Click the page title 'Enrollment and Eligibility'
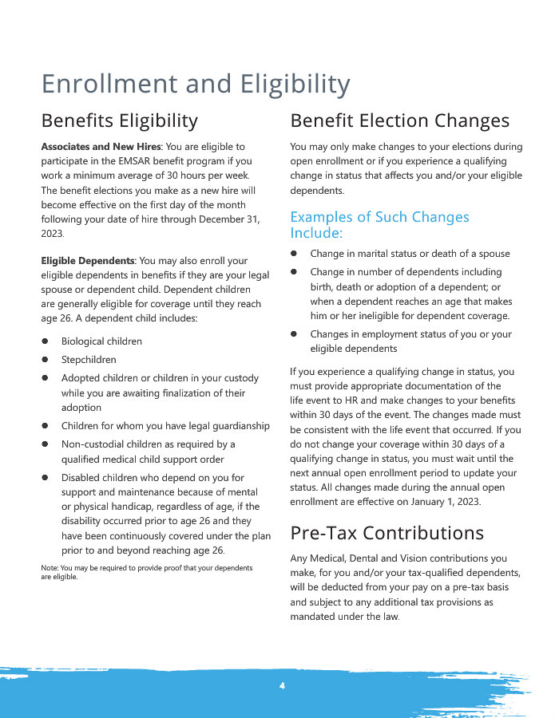tap(196, 84)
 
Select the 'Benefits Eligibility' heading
tap(119, 121)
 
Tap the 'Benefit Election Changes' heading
tap(399, 121)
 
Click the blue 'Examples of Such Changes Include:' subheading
tap(379, 225)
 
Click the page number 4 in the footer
tap(282, 686)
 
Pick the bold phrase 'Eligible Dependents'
tap(88, 261)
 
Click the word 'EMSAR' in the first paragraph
tap(129, 161)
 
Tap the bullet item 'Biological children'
tap(101, 341)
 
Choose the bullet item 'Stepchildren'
tap(89, 360)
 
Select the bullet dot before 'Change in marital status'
tap(294, 254)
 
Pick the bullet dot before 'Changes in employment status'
tap(294, 334)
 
